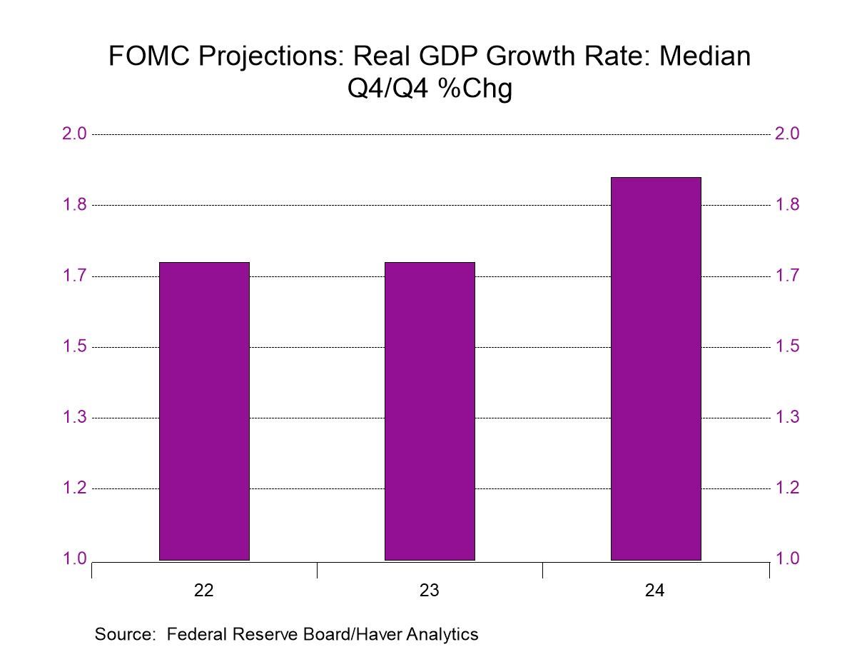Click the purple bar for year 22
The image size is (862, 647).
[x=204, y=411]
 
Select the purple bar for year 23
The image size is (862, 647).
[x=430, y=411]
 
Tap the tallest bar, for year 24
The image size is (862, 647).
[x=656, y=368]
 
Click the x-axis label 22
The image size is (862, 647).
[x=204, y=591]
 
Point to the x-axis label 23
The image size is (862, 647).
[x=430, y=591]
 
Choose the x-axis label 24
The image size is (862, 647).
[x=656, y=591]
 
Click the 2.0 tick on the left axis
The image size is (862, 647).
[x=74, y=134]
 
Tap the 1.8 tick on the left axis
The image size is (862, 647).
[x=74, y=205]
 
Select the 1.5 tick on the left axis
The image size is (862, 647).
[x=74, y=346]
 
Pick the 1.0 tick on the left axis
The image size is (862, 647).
[x=74, y=559]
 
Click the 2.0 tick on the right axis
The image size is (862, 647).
[x=787, y=134]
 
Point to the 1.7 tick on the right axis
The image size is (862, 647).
[x=787, y=276]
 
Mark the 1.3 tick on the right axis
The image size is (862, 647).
[x=787, y=417]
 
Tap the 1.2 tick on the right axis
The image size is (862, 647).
[x=787, y=488]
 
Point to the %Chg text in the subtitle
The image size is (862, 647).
[x=478, y=90]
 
